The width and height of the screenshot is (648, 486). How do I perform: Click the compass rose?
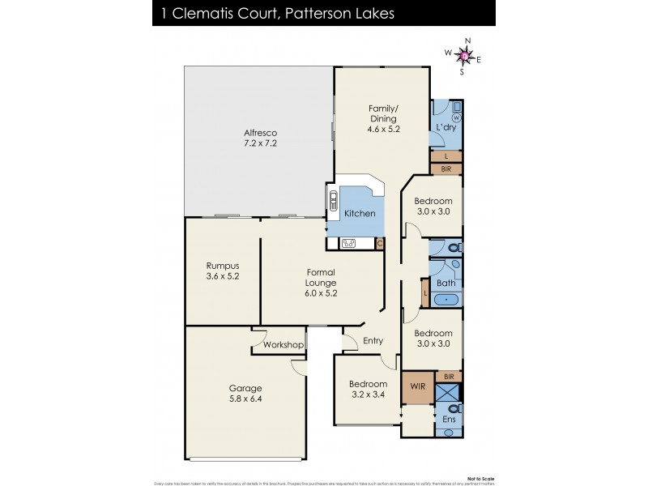pos(463,55)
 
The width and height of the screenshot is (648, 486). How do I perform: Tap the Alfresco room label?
pos(261,138)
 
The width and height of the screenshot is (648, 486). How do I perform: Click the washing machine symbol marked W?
pos(456,117)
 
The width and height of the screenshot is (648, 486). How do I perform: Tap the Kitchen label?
pos(360,213)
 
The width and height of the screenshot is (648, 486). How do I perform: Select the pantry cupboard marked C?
pos(379,243)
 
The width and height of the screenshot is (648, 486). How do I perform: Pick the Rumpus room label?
pos(222,271)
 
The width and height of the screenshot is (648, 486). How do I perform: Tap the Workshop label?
pos(283,345)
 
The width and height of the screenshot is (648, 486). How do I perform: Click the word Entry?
pos(373,340)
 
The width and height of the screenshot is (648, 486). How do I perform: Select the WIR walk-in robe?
pos(418,386)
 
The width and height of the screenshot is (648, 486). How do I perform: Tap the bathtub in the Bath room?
pos(446,300)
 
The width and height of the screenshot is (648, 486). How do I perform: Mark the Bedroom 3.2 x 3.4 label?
pos(366,389)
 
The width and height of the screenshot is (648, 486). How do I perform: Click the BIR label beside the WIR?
pos(449,376)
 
